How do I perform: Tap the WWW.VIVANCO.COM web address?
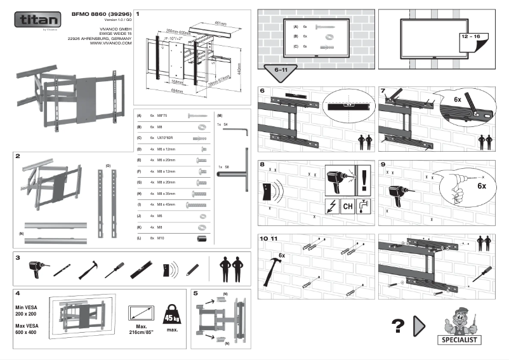coord(110,43)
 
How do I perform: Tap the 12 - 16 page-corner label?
coord(470,38)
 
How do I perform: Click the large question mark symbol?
coord(398,326)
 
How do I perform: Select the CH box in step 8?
coord(348,206)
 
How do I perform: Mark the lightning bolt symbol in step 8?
coord(330,206)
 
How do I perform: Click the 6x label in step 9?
coord(481,187)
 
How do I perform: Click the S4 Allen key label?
coord(226,125)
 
